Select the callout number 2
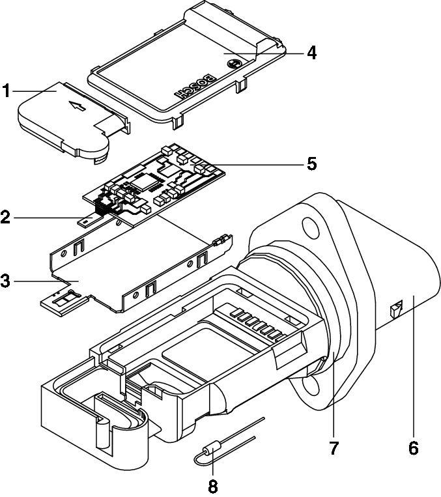pos(6,216)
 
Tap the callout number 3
pos(6,281)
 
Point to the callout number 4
pos(311,53)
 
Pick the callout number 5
pos(311,163)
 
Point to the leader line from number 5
pos(261,163)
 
